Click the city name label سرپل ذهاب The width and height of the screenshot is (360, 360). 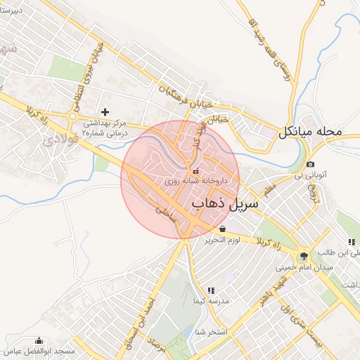(225, 203)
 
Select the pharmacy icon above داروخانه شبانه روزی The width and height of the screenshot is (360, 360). (195, 170)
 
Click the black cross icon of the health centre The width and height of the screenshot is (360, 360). (105, 112)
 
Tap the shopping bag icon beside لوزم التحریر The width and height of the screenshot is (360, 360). (223, 229)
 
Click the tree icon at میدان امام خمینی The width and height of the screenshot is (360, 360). (304, 256)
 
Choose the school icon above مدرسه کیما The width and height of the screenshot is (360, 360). (210, 290)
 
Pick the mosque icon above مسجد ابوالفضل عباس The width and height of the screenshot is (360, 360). (39, 340)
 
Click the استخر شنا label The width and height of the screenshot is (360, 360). (210, 331)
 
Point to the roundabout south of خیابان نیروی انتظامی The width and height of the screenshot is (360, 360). (72, 115)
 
